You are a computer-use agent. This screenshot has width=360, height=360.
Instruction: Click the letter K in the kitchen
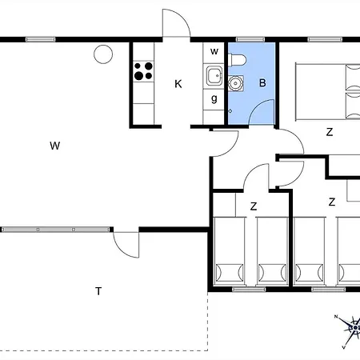[x=178, y=84]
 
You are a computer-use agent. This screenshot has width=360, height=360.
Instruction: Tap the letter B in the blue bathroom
[x=262, y=83]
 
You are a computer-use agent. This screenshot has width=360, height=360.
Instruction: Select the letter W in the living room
[x=55, y=146]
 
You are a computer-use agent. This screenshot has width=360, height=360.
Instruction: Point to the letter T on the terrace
[x=98, y=291]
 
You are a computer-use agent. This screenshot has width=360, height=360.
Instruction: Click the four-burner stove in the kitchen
[x=143, y=71]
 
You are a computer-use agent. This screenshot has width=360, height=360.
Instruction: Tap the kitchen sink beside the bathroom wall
[x=214, y=75]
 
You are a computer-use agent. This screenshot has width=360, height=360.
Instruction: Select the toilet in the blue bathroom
[x=238, y=60]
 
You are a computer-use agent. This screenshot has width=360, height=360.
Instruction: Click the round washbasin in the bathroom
[x=235, y=83]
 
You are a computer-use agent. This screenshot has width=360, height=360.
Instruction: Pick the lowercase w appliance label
[x=214, y=51]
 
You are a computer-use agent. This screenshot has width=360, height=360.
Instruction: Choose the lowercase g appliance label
[x=214, y=98]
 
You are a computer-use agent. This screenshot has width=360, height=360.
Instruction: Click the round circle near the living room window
[x=103, y=54]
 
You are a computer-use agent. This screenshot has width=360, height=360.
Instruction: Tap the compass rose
[x=350, y=330]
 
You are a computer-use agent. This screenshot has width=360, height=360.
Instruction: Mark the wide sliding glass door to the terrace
[x=56, y=230]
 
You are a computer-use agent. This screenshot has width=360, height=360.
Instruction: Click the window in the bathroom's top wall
[x=250, y=39]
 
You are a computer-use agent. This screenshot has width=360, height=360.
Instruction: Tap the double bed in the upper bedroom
[x=328, y=91]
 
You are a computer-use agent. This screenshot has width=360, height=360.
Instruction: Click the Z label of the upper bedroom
[x=330, y=132]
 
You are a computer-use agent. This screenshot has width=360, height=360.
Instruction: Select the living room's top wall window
[x=41, y=39]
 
